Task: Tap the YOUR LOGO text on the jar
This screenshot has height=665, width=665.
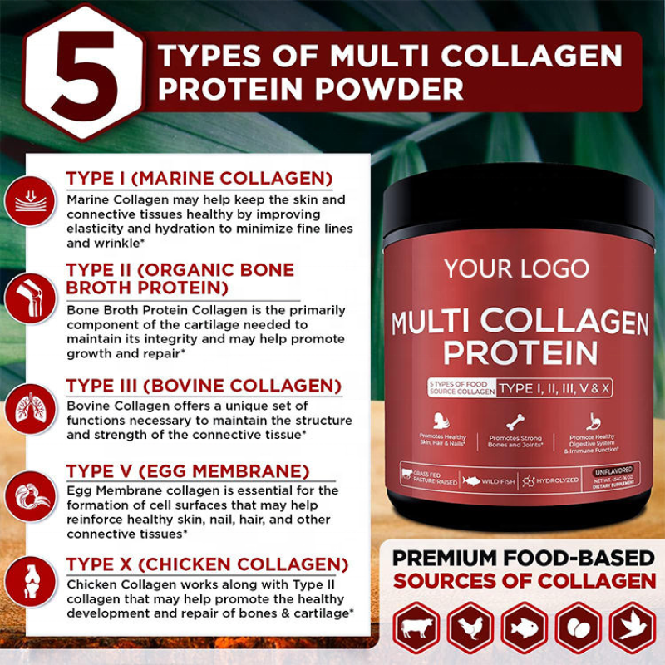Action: tap(515, 268)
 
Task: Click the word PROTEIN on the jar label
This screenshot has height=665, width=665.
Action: tap(520, 352)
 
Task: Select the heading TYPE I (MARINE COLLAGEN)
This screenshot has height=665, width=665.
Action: tap(199, 179)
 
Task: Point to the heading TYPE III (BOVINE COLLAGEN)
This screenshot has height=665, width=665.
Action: tap(204, 386)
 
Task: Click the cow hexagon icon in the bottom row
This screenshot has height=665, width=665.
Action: tap(416, 628)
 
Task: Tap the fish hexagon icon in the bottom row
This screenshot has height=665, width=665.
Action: tap(524, 628)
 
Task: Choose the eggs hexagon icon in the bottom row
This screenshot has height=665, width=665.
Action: tap(578, 628)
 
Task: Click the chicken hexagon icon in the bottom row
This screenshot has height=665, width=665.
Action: tap(470, 628)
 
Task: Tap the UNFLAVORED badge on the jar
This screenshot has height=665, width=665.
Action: tap(613, 470)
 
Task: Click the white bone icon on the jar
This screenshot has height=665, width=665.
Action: tap(516, 421)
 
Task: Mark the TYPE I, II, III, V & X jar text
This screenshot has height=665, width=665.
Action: tap(554, 387)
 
